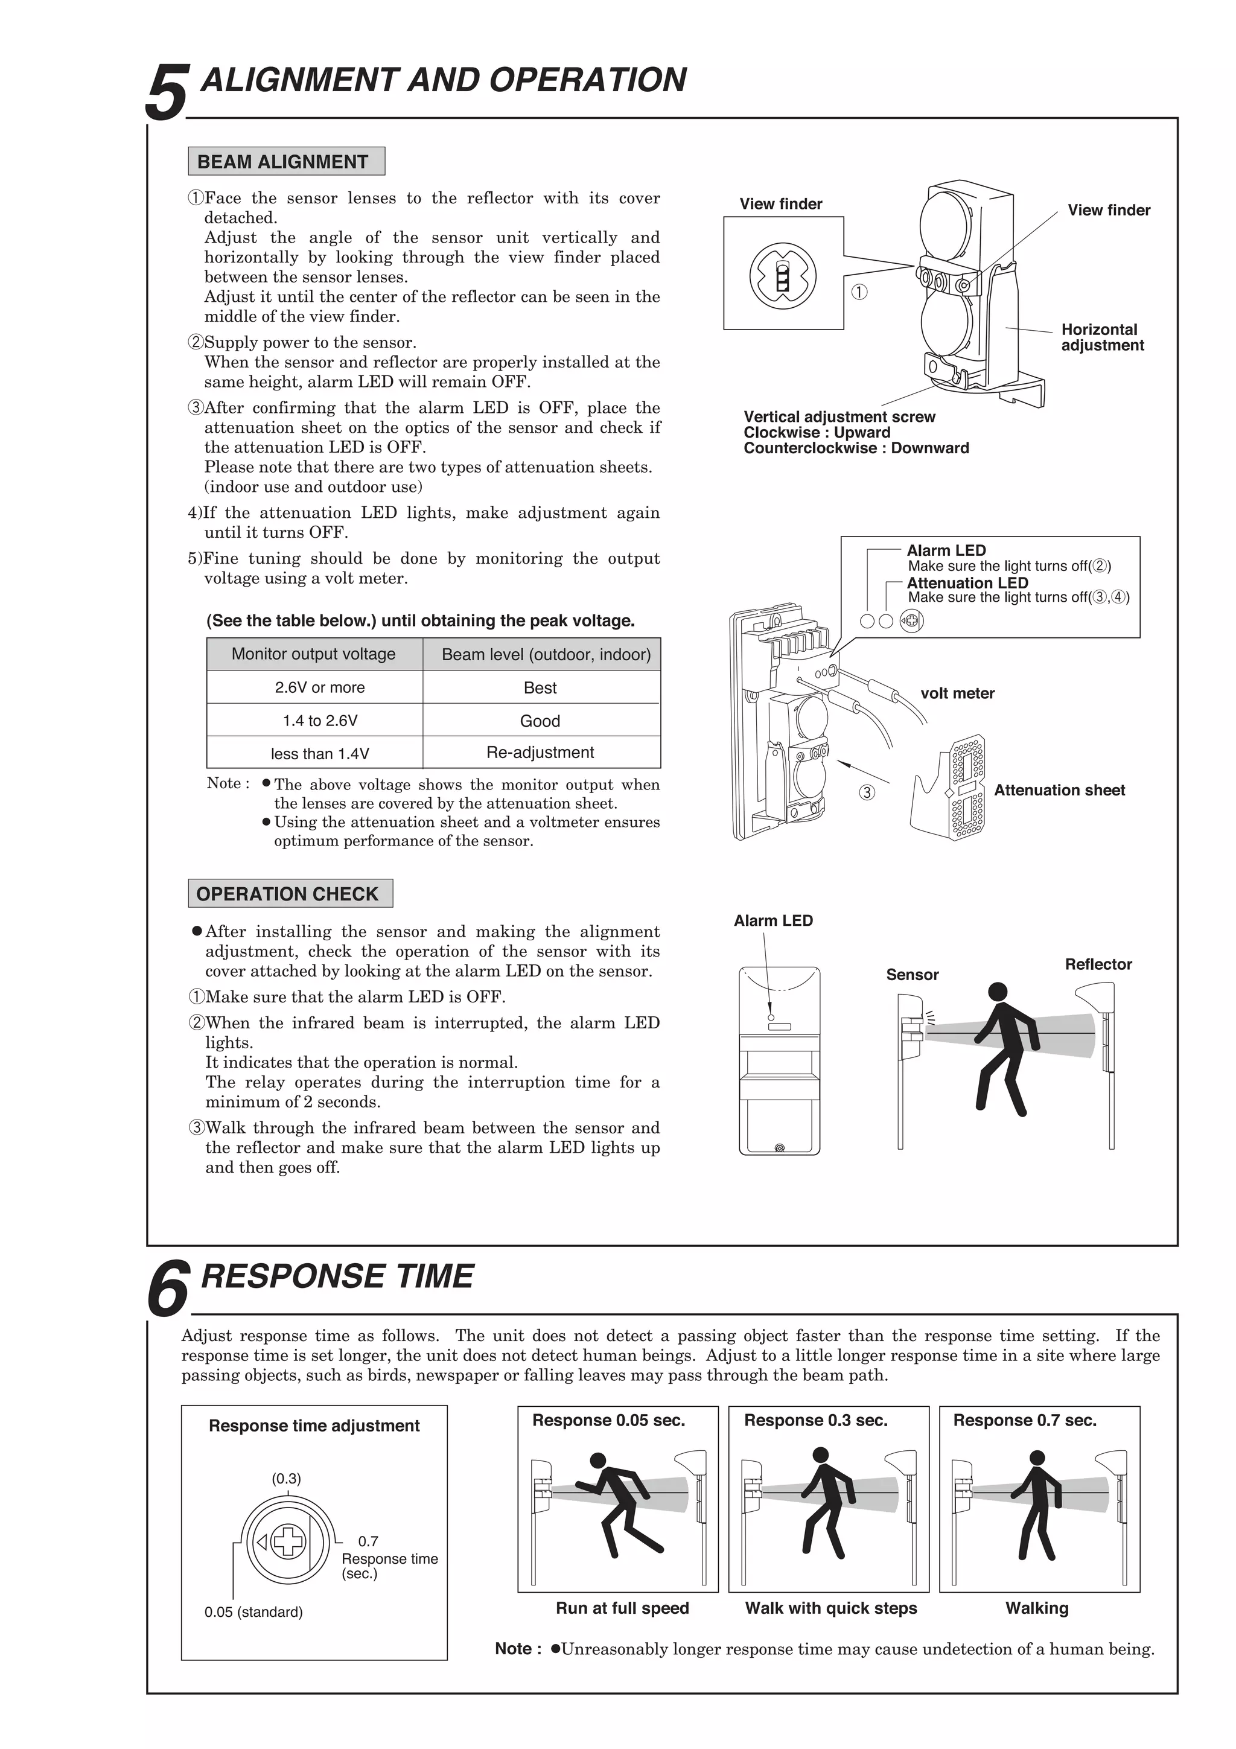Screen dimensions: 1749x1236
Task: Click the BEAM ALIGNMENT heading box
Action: pyautogui.click(x=286, y=162)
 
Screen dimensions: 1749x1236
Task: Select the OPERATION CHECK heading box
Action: pyautogui.click(x=290, y=894)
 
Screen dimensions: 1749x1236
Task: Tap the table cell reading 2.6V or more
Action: pyautogui.click(x=319, y=687)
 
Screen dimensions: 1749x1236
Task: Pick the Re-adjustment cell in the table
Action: pyautogui.click(x=540, y=753)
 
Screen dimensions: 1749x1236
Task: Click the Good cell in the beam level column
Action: pyautogui.click(x=540, y=721)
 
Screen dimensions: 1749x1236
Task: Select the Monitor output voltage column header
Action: pyautogui.click(x=313, y=654)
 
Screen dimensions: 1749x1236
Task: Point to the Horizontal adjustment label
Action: pyautogui.click(x=1101, y=337)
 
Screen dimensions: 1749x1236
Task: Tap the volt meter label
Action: pyautogui.click(x=957, y=693)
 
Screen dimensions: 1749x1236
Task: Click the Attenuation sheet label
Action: pyautogui.click(x=1059, y=790)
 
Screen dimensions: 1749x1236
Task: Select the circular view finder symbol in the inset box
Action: pyautogui.click(x=782, y=275)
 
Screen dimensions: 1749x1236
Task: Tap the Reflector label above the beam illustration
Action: pyautogui.click(x=1097, y=964)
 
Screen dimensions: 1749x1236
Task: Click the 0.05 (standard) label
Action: pyautogui.click(x=253, y=1612)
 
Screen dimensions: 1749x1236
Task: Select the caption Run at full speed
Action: pyautogui.click(x=622, y=1608)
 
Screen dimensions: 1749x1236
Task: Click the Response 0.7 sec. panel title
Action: pyautogui.click(x=1024, y=1420)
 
